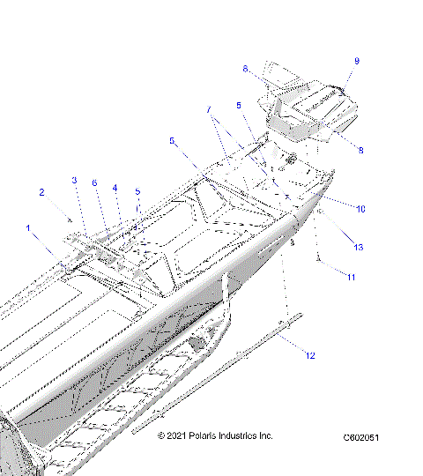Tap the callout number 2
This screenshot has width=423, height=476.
(x=41, y=191)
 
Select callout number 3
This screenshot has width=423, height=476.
(x=75, y=180)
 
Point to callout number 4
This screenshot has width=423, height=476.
(x=115, y=188)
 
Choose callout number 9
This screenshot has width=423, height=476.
(x=357, y=61)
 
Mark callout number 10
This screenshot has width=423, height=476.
(x=360, y=208)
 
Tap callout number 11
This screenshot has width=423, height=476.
(x=351, y=278)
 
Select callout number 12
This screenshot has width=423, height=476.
(x=310, y=355)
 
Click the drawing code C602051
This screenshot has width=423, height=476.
(x=361, y=436)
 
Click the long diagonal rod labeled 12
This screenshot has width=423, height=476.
(x=220, y=374)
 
